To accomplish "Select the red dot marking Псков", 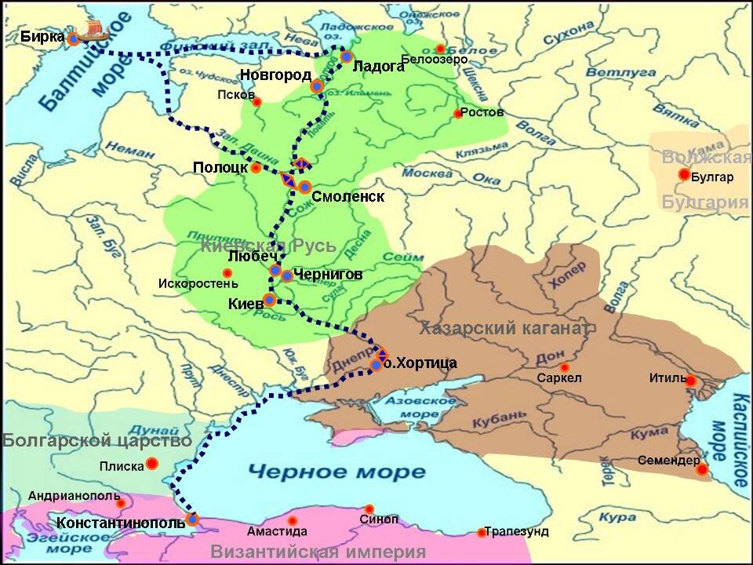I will coord(256,101).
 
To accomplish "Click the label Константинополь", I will coord(121,521).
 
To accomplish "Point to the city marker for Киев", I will coord(269,300).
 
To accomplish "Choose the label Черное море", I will coord(336,472).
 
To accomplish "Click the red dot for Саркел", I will coord(564,367).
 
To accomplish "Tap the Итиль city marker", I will coord(690,381).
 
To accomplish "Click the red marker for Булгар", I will coord(684,174).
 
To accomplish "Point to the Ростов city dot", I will coord(458,114).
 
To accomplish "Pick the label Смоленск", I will coord(347,196).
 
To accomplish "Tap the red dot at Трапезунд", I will coord(482,533).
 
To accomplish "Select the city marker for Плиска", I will coord(152,464).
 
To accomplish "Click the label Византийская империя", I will coord(318,551).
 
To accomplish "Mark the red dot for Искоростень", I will coord(227,273).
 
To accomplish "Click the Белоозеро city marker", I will coord(441,49).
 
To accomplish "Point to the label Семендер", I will coord(664,460).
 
